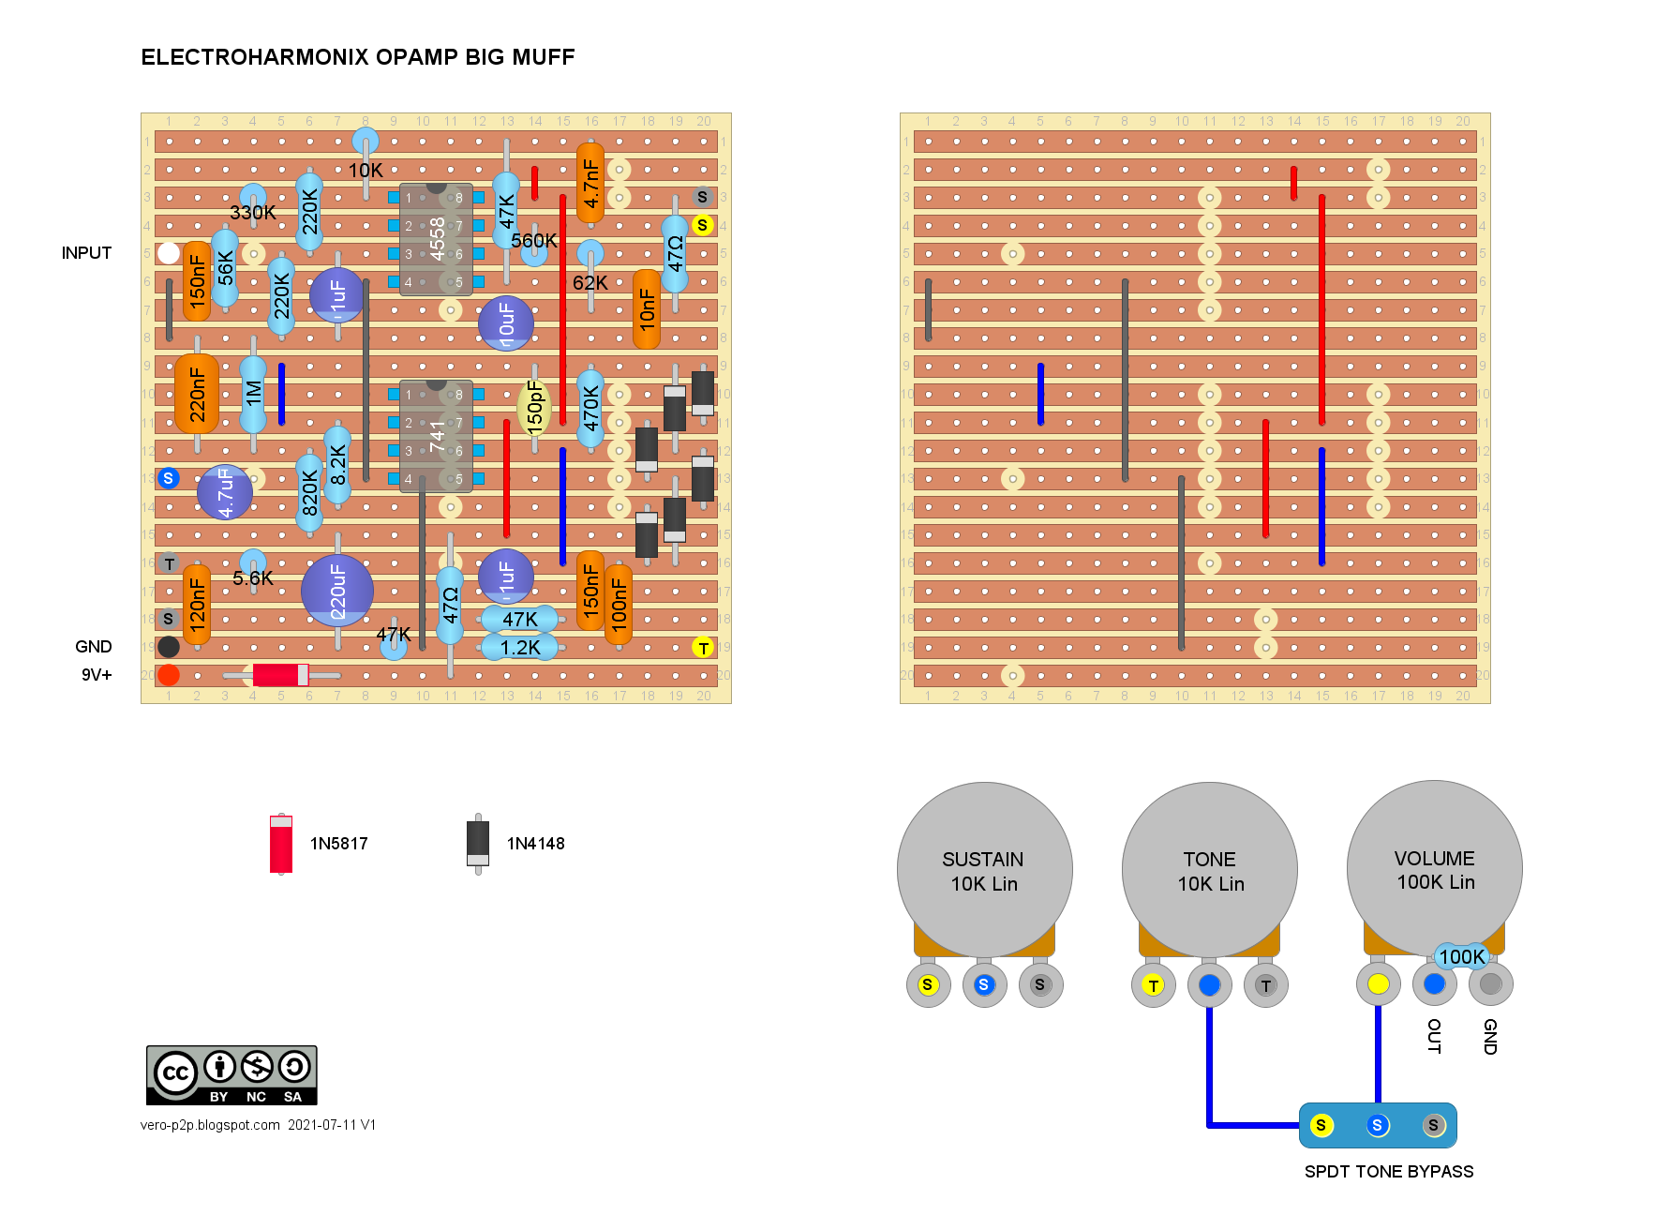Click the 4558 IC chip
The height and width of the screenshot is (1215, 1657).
tap(436, 239)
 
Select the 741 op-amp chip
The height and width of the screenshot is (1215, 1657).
tap(436, 436)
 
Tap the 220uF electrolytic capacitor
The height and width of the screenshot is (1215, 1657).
tap(337, 592)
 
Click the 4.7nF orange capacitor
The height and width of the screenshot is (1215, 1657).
tap(590, 184)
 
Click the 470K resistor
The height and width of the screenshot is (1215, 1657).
tap(590, 409)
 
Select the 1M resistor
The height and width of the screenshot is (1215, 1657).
tap(253, 394)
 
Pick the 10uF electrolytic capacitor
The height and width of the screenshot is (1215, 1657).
tap(506, 323)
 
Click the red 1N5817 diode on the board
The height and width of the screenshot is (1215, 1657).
tap(280, 675)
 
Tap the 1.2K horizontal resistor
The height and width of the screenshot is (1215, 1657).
tap(520, 647)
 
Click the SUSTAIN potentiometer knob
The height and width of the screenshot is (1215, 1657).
tap(984, 870)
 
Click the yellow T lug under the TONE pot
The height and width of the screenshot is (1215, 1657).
tap(1154, 985)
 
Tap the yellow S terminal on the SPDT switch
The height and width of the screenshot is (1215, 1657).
tap(1321, 1125)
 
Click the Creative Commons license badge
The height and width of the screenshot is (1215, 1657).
tap(231, 1075)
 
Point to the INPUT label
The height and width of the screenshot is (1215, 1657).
tap(86, 253)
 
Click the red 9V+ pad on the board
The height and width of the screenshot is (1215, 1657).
tap(169, 675)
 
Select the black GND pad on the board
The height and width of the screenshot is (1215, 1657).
tap(169, 647)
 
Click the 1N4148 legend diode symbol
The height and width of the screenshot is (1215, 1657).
tap(478, 844)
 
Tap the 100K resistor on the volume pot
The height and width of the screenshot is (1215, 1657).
tap(1461, 957)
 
